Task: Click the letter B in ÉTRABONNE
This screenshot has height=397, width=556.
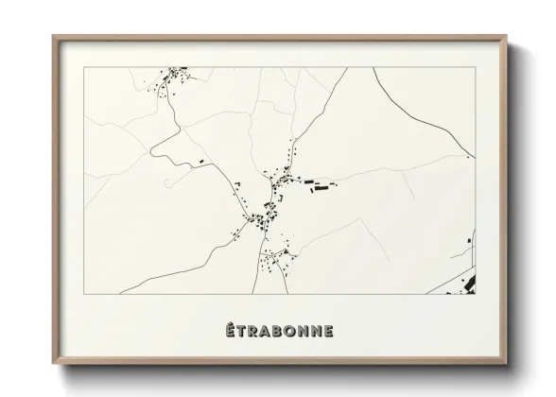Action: tap(281, 330)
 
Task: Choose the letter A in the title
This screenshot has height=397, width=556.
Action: tap(268, 330)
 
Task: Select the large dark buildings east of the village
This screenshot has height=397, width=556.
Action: tap(321, 186)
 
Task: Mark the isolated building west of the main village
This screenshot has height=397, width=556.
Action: tap(201, 162)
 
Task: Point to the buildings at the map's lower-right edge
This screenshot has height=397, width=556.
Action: tap(470, 280)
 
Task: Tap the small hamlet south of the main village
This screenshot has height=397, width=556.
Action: tap(275, 256)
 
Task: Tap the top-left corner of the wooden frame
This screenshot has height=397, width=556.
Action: tap(54, 37)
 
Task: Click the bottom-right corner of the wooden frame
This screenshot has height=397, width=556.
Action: tap(508, 363)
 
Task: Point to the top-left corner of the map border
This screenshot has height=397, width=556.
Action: tap(83, 67)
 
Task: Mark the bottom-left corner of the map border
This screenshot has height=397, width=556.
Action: tap(83, 293)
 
